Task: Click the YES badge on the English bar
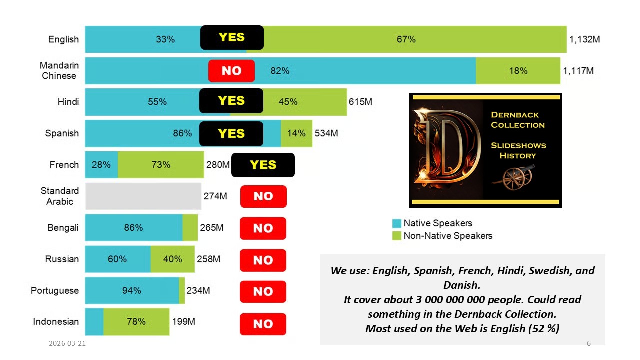232,38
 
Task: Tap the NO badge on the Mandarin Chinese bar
231,71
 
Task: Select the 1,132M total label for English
584,39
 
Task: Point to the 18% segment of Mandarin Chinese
518,71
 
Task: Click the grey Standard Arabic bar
143,196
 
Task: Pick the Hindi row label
68,102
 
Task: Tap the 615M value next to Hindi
360,102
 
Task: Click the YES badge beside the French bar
263,165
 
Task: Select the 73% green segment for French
161,164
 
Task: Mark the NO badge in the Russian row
263,260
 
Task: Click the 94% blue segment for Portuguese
132,290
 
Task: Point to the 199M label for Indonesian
183,321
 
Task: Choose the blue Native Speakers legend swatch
397,223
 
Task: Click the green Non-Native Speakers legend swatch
397,236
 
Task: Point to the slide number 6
588,343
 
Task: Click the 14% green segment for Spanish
296,133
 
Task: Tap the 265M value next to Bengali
212,228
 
